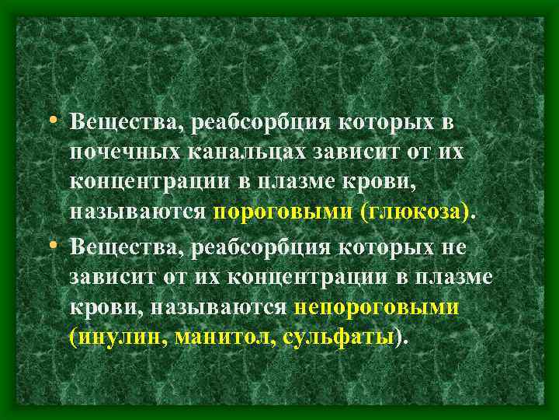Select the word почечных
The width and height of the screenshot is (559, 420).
pyautogui.click(x=125, y=151)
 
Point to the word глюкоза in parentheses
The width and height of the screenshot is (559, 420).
pyautogui.click(x=416, y=212)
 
